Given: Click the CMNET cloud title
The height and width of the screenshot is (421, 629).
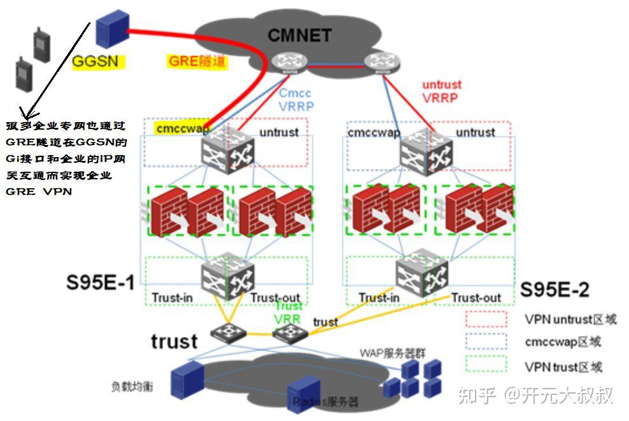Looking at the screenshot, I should (x=299, y=34).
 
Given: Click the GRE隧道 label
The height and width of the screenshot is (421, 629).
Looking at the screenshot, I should (x=197, y=62).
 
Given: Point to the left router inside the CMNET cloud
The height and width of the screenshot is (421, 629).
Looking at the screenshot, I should (x=284, y=62).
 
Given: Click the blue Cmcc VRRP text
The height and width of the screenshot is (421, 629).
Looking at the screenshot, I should (x=295, y=100).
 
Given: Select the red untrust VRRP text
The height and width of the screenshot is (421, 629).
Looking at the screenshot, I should (x=441, y=91).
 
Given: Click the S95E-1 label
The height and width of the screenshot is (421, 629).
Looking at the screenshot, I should (x=101, y=282).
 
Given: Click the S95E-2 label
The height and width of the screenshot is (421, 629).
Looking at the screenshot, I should (x=555, y=290).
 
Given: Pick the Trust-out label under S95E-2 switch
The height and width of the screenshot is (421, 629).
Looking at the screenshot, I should (x=476, y=298).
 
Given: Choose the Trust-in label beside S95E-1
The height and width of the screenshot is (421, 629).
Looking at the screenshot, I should (x=172, y=298).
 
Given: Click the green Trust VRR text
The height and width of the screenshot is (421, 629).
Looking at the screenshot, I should (x=288, y=312).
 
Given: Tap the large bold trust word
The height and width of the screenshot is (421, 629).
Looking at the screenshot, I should (x=174, y=341).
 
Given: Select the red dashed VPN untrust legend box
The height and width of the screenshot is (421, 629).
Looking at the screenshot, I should (x=486, y=319).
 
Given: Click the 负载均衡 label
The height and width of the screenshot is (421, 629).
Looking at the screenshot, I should (x=133, y=387).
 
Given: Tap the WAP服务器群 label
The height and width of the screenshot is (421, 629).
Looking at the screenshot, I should (x=381, y=352).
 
